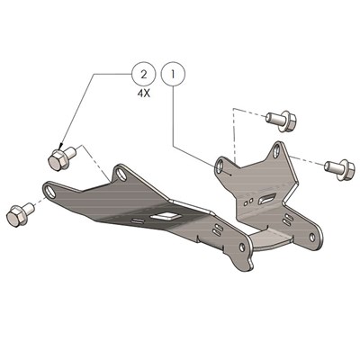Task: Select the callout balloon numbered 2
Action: [x=140, y=70]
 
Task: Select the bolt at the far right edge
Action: [x=337, y=166]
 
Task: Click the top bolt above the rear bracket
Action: [x=279, y=117]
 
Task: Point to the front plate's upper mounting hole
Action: [x=118, y=172]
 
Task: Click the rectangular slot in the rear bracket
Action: [x=267, y=196]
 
